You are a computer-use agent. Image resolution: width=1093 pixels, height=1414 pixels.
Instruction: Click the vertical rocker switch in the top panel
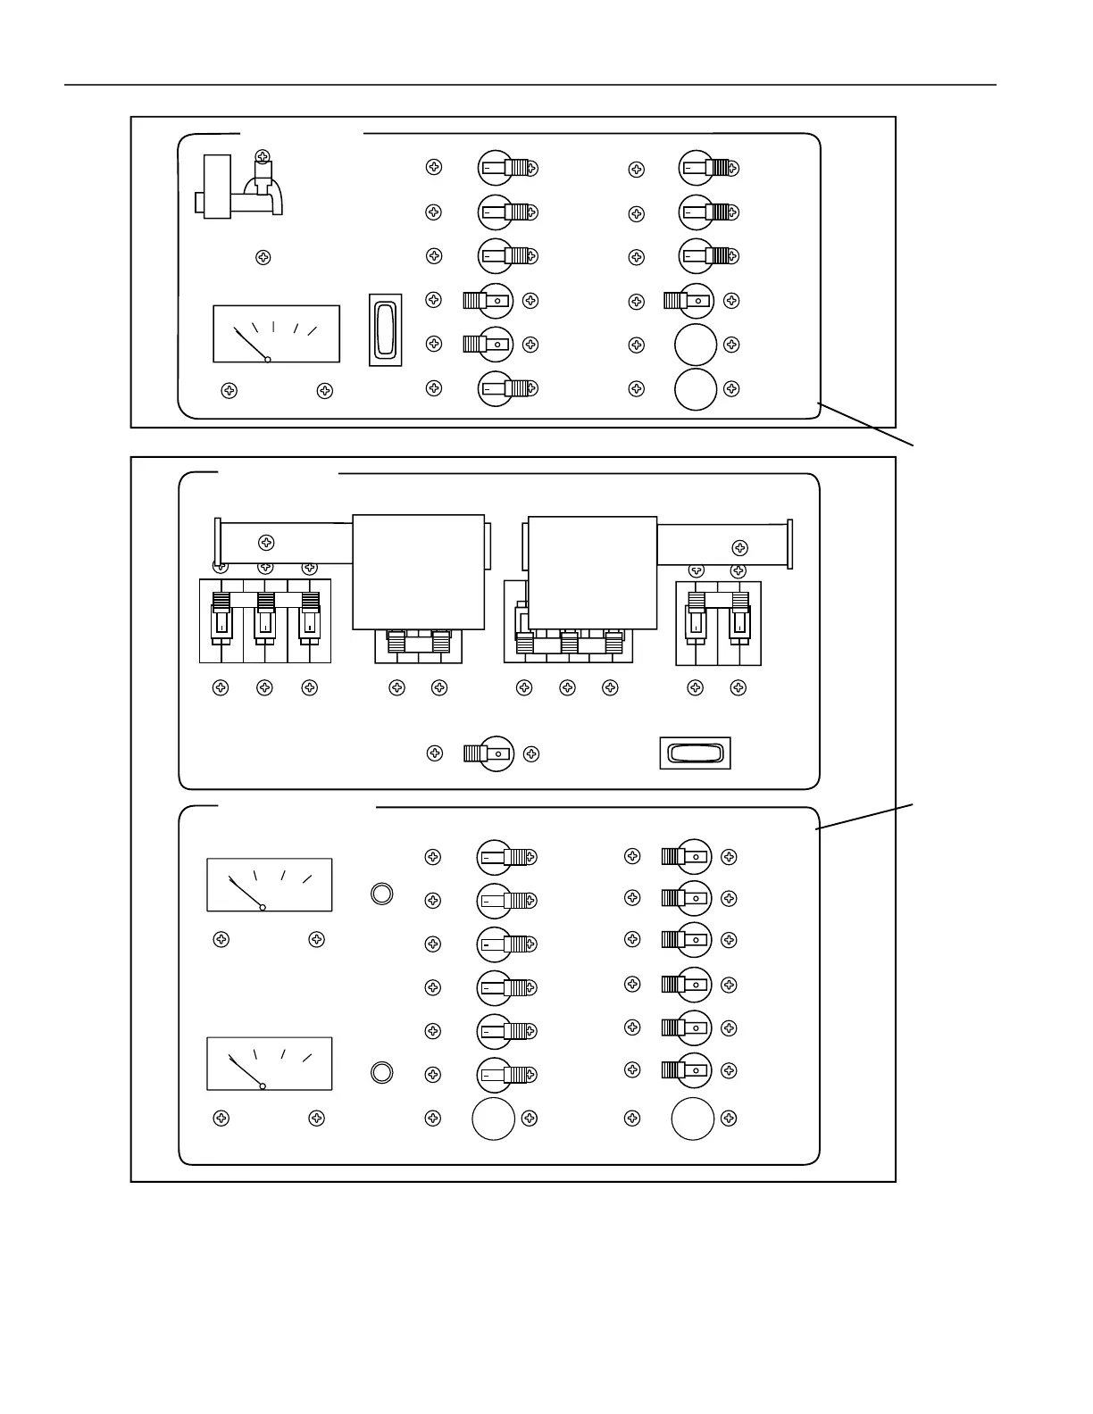click(x=386, y=329)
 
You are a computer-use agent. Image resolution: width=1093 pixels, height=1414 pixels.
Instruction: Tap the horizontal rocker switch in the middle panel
click(x=695, y=753)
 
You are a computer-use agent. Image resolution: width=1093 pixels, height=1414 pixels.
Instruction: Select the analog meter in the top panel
click(x=276, y=334)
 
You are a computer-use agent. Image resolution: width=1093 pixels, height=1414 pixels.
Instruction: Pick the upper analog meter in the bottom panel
click(x=269, y=885)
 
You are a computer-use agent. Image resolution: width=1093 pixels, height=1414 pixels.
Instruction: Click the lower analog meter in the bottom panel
click(x=269, y=1063)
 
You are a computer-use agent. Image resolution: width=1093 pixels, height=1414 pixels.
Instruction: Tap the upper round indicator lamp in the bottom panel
click(x=381, y=894)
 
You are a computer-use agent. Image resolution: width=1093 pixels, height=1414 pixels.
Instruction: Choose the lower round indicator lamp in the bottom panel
click(x=381, y=1072)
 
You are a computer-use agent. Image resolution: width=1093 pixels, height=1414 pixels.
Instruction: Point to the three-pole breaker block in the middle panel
click(x=265, y=620)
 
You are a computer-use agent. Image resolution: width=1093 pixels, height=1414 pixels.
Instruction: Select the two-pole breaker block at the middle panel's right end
click(x=718, y=623)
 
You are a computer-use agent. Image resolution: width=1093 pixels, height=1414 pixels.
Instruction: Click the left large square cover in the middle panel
click(x=418, y=572)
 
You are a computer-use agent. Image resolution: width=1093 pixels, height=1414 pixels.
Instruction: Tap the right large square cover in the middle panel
click(x=592, y=572)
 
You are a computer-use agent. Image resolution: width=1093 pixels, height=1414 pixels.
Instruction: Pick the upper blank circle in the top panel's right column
click(x=696, y=345)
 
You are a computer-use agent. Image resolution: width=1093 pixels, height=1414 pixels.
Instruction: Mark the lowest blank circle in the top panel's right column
click(x=696, y=389)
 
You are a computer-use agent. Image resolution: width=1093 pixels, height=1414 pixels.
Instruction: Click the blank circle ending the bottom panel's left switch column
click(x=493, y=1119)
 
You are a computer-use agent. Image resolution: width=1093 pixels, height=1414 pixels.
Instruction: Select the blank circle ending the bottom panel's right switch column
click(x=692, y=1119)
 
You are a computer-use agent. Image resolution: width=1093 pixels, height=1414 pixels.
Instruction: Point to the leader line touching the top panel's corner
click(x=866, y=424)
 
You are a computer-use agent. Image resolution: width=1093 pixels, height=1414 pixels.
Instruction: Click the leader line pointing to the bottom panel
click(x=864, y=817)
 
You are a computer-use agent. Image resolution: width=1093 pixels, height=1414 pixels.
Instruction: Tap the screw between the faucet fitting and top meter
click(x=263, y=257)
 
